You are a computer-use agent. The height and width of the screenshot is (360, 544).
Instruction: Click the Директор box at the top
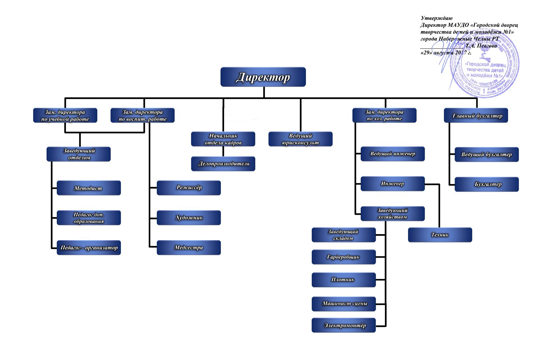[263, 77]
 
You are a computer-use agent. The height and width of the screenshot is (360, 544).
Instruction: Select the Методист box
[88, 188]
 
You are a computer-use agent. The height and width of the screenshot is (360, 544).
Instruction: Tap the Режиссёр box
[189, 187]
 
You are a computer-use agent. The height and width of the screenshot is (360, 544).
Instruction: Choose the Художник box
[189, 217]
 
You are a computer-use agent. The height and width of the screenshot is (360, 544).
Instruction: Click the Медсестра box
[189, 247]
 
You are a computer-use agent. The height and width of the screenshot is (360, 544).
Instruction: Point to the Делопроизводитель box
[223, 164]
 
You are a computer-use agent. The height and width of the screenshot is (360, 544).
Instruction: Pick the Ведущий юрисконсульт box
[300, 139]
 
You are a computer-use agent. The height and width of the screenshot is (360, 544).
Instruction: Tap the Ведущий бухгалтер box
[487, 154]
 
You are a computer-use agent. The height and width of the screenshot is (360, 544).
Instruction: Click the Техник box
[440, 235]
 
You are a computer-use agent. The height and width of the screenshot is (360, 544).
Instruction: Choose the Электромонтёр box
[344, 325]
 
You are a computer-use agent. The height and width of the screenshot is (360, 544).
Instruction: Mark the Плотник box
[344, 280]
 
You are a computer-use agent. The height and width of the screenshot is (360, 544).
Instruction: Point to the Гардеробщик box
[344, 257]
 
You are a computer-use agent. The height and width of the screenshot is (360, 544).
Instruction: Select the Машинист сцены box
[344, 304]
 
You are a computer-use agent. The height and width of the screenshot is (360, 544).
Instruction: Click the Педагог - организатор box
[88, 247]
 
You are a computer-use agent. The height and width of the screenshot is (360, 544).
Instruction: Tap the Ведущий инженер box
[392, 154]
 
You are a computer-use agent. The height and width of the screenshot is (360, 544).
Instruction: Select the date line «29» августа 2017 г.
[446, 53]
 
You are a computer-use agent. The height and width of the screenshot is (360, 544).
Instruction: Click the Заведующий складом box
[344, 235]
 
